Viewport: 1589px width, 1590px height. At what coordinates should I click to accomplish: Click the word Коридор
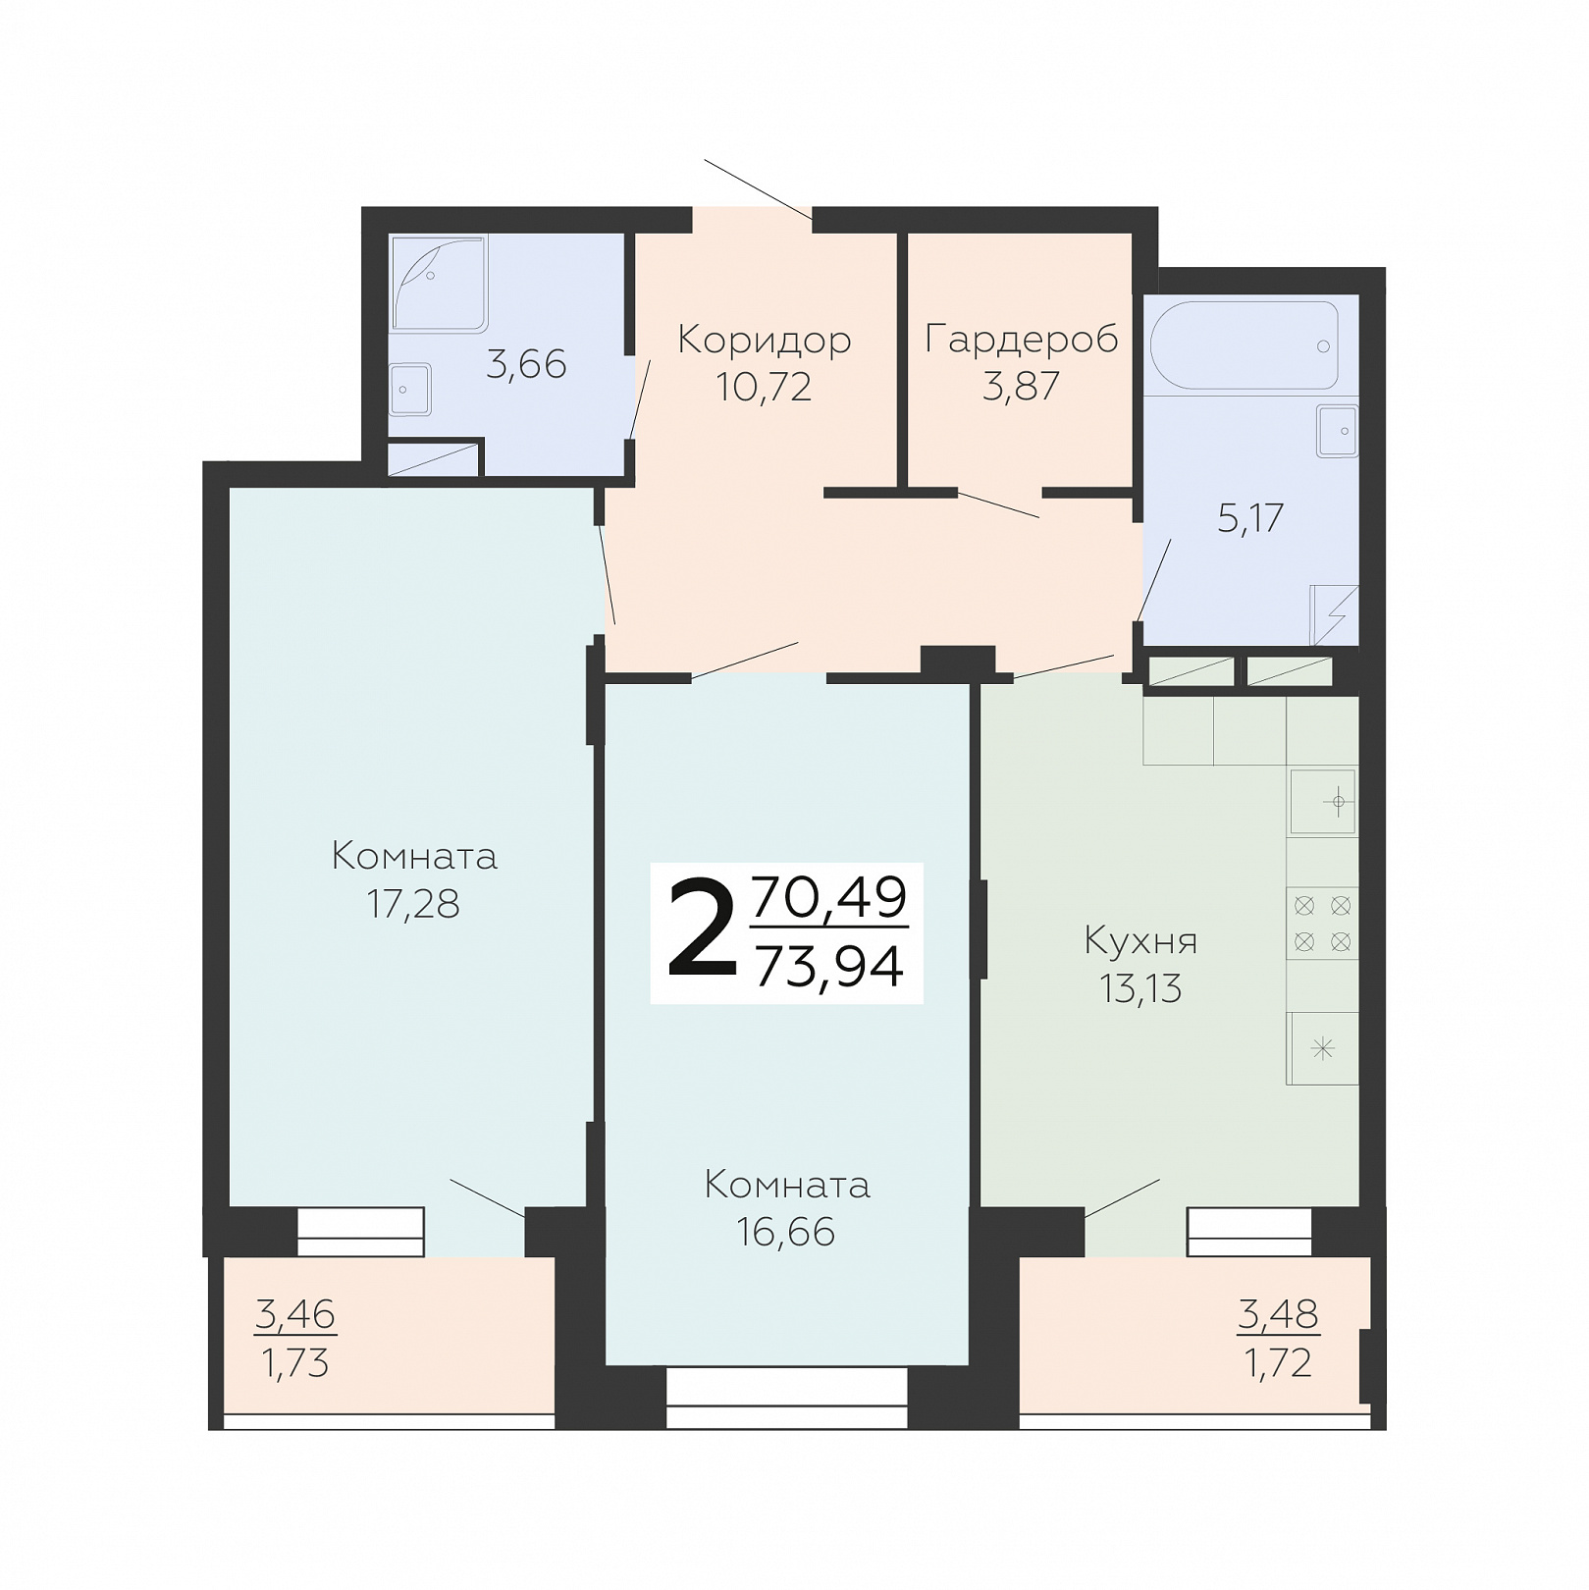pos(765,340)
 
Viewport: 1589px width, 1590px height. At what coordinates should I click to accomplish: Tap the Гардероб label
pos(1022,340)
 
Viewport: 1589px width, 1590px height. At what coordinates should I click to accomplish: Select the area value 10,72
pos(764,387)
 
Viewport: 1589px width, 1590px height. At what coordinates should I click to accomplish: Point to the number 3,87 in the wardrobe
pos(1021,387)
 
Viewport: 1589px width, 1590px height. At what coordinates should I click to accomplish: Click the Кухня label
pos(1140,941)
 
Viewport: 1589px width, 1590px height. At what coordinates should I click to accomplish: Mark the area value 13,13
pos(1140,988)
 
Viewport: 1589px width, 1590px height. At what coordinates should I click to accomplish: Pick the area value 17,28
pos(413,904)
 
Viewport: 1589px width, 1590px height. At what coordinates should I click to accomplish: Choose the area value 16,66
pos(786,1232)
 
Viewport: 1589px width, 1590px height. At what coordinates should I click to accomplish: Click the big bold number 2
pos(702,929)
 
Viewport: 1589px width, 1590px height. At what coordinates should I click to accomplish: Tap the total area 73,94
pos(829,967)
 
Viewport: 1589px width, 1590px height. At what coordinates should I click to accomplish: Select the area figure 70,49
pos(829,897)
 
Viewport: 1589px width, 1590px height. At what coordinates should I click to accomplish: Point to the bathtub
pos(1244,345)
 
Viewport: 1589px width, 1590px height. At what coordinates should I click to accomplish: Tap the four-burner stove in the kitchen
pos(1322,924)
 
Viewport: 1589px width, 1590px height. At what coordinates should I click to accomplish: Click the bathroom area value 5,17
pos(1250,518)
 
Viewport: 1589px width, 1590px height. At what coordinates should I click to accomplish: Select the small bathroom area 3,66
pos(526,365)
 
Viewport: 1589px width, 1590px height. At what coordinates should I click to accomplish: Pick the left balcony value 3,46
pos(295,1313)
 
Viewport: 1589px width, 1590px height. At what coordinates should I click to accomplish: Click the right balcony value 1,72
pos(1278,1363)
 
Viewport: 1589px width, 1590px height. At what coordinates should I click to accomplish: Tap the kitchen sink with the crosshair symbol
pos(1322,803)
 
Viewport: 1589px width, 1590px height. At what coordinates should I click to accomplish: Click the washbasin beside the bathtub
pos(1337,431)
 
